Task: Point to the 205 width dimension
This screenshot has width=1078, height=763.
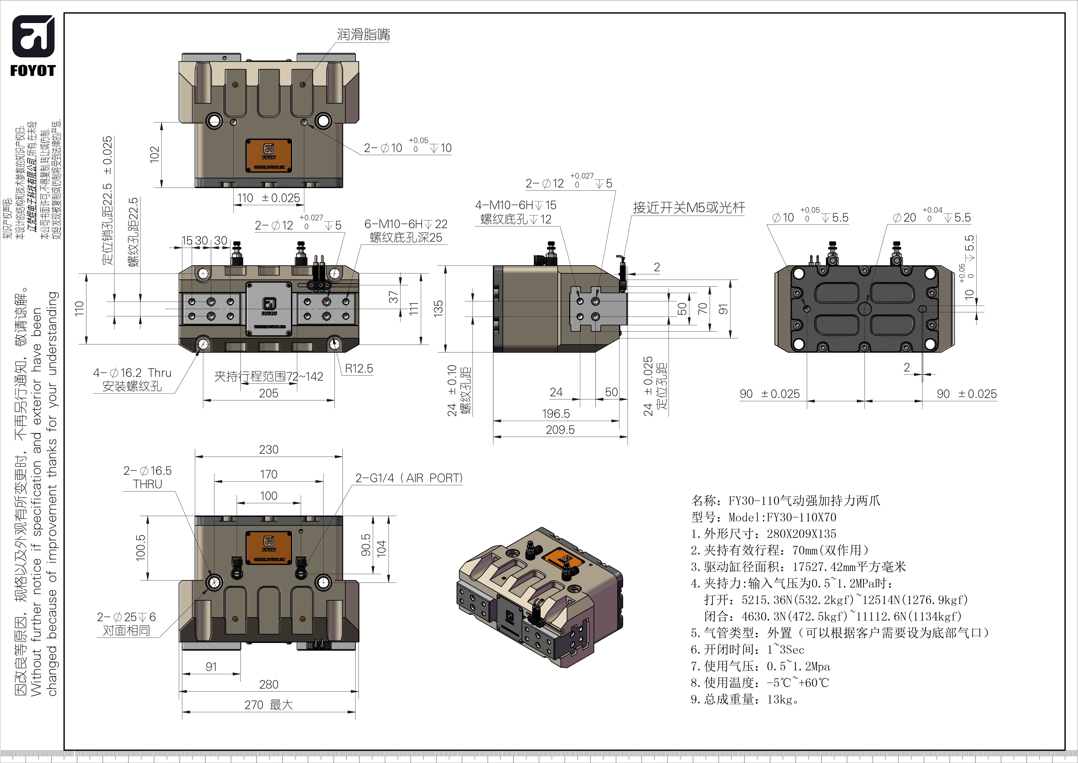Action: (269, 393)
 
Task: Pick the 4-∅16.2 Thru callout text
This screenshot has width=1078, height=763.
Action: (132, 373)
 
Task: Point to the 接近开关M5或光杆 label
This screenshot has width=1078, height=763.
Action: (689, 208)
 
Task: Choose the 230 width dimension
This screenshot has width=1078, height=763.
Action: (269, 450)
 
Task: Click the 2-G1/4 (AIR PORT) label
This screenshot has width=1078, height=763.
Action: (409, 478)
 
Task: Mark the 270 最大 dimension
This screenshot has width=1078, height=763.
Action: (269, 705)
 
